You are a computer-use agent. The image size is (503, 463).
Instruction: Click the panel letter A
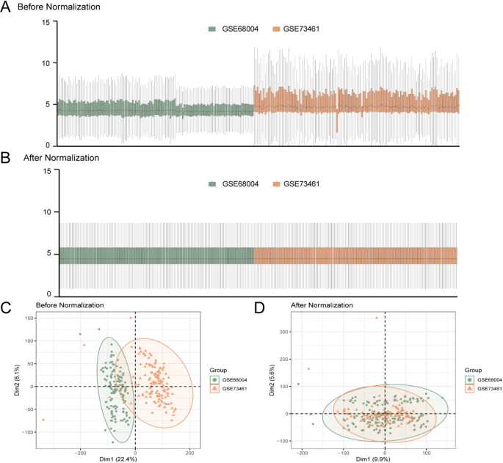[6, 7]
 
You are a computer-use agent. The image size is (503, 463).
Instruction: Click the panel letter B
[6, 157]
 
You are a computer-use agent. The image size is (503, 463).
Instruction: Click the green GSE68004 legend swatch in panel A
[211, 29]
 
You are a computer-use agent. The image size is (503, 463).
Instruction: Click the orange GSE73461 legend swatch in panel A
[276, 29]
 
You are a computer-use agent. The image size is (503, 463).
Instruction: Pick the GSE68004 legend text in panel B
[237, 184]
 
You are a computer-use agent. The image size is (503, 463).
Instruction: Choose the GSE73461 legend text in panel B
[302, 184]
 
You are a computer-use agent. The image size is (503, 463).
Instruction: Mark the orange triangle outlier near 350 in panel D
[377, 318]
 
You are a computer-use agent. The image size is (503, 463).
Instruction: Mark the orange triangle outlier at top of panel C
[131, 318]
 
